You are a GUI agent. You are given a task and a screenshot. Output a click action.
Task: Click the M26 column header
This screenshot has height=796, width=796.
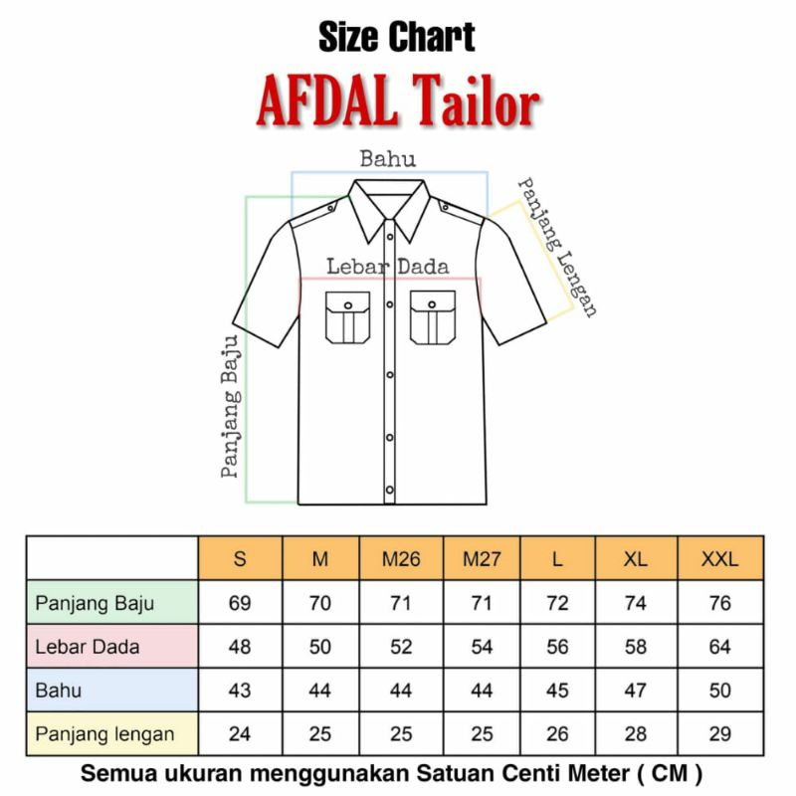pos(401,559)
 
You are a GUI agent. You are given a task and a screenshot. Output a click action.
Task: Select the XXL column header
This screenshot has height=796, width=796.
pos(720,559)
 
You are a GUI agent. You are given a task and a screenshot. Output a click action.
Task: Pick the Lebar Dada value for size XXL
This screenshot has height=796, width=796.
pos(720,647)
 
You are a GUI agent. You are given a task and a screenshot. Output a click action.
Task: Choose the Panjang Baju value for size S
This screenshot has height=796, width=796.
pos(240,603)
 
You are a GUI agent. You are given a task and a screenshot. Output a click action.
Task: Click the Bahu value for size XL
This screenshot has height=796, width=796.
pos(636,691)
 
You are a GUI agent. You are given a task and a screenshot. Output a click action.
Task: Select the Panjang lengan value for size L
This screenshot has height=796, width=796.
pos(557,734)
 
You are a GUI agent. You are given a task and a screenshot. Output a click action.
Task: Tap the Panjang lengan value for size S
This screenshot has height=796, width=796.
pos(240,734)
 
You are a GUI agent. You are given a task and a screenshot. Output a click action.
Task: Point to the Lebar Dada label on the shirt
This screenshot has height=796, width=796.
pos(388,267)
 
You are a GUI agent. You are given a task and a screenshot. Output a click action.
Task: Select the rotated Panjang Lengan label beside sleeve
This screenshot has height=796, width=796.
pos(558,247)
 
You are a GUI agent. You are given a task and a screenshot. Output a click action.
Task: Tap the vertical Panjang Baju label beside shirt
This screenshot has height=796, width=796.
pos(231,408)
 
